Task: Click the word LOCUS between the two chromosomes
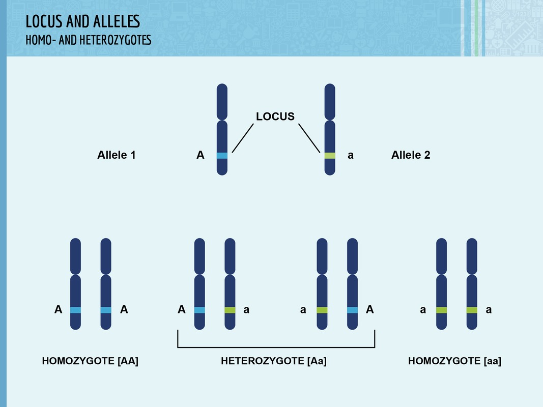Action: (275, 117)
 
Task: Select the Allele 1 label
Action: (117, 155)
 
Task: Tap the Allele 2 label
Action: (411, 155)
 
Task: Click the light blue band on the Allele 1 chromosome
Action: (222, 156)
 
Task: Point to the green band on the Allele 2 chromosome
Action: (330, 156)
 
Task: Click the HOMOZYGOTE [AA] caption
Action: (90, 361)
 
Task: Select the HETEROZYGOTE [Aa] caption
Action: (274, 361)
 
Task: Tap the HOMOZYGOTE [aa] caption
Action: (454, 361)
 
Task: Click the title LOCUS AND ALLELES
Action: (83, 21)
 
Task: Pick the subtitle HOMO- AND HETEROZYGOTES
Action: (89, 40)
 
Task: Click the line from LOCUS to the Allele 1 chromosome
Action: (243, 138)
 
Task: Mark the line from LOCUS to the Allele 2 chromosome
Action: (309, 138)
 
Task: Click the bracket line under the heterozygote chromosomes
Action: (276, 347)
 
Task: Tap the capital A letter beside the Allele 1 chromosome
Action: (200, 155)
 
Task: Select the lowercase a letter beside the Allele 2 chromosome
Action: (351, 155)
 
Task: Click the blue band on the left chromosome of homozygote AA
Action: (75, 310)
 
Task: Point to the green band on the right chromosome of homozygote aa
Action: (472, 310)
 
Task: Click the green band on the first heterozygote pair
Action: (230, 310)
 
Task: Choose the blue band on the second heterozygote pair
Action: (352, 310)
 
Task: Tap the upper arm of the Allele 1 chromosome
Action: (222, 102)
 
